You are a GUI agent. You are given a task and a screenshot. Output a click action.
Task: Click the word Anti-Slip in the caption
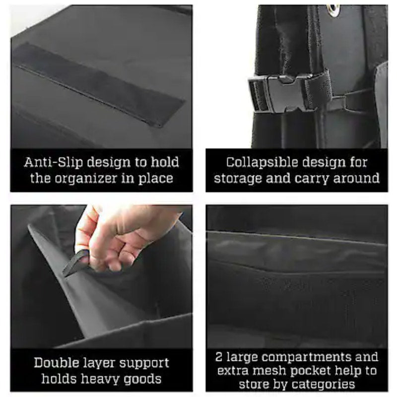pos(54,162)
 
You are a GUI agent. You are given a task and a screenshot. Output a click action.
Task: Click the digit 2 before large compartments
pos(219,357)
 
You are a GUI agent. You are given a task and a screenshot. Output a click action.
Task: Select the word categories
pos(323,384)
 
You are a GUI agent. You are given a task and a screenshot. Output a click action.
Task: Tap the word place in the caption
pos(155,179)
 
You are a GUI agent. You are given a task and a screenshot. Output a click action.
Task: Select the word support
pos(144,363)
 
